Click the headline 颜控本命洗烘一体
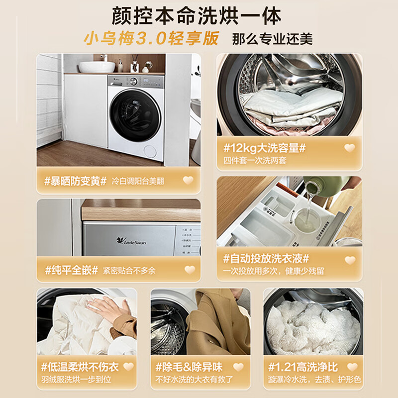(x=199, y=15)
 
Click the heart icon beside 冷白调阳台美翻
(x=188, y=181)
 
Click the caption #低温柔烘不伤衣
(x=80, y=367)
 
